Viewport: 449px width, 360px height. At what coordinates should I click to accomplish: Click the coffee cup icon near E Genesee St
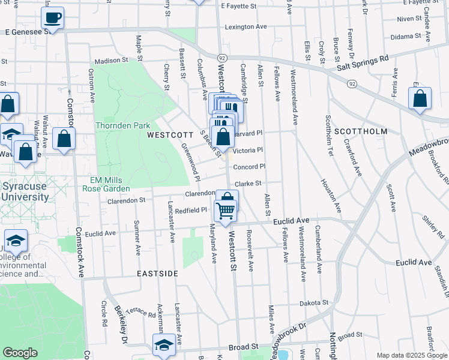[x=53, y=18]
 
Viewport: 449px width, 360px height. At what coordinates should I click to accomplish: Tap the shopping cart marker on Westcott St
[x=225, y=211]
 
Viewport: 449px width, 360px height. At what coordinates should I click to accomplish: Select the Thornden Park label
[x=122, y=126]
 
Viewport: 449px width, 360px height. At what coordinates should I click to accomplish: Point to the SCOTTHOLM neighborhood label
[x=360, y=131]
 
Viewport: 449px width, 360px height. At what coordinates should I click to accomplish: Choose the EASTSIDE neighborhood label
[x=157, y=274]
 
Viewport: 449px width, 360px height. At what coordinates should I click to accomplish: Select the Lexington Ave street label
[x=246, y=27]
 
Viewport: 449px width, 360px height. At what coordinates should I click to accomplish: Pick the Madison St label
[x=112, y=61]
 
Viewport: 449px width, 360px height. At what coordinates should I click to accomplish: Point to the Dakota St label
[x=315, y=303]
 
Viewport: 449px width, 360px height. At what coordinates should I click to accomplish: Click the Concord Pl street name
[x=249, y=167]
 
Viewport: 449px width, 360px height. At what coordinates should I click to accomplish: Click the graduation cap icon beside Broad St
[x=164, y=346]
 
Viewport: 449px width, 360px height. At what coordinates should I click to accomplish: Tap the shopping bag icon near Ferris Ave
[x=420, y=98]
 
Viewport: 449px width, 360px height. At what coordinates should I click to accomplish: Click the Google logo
[x=20, y=353]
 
